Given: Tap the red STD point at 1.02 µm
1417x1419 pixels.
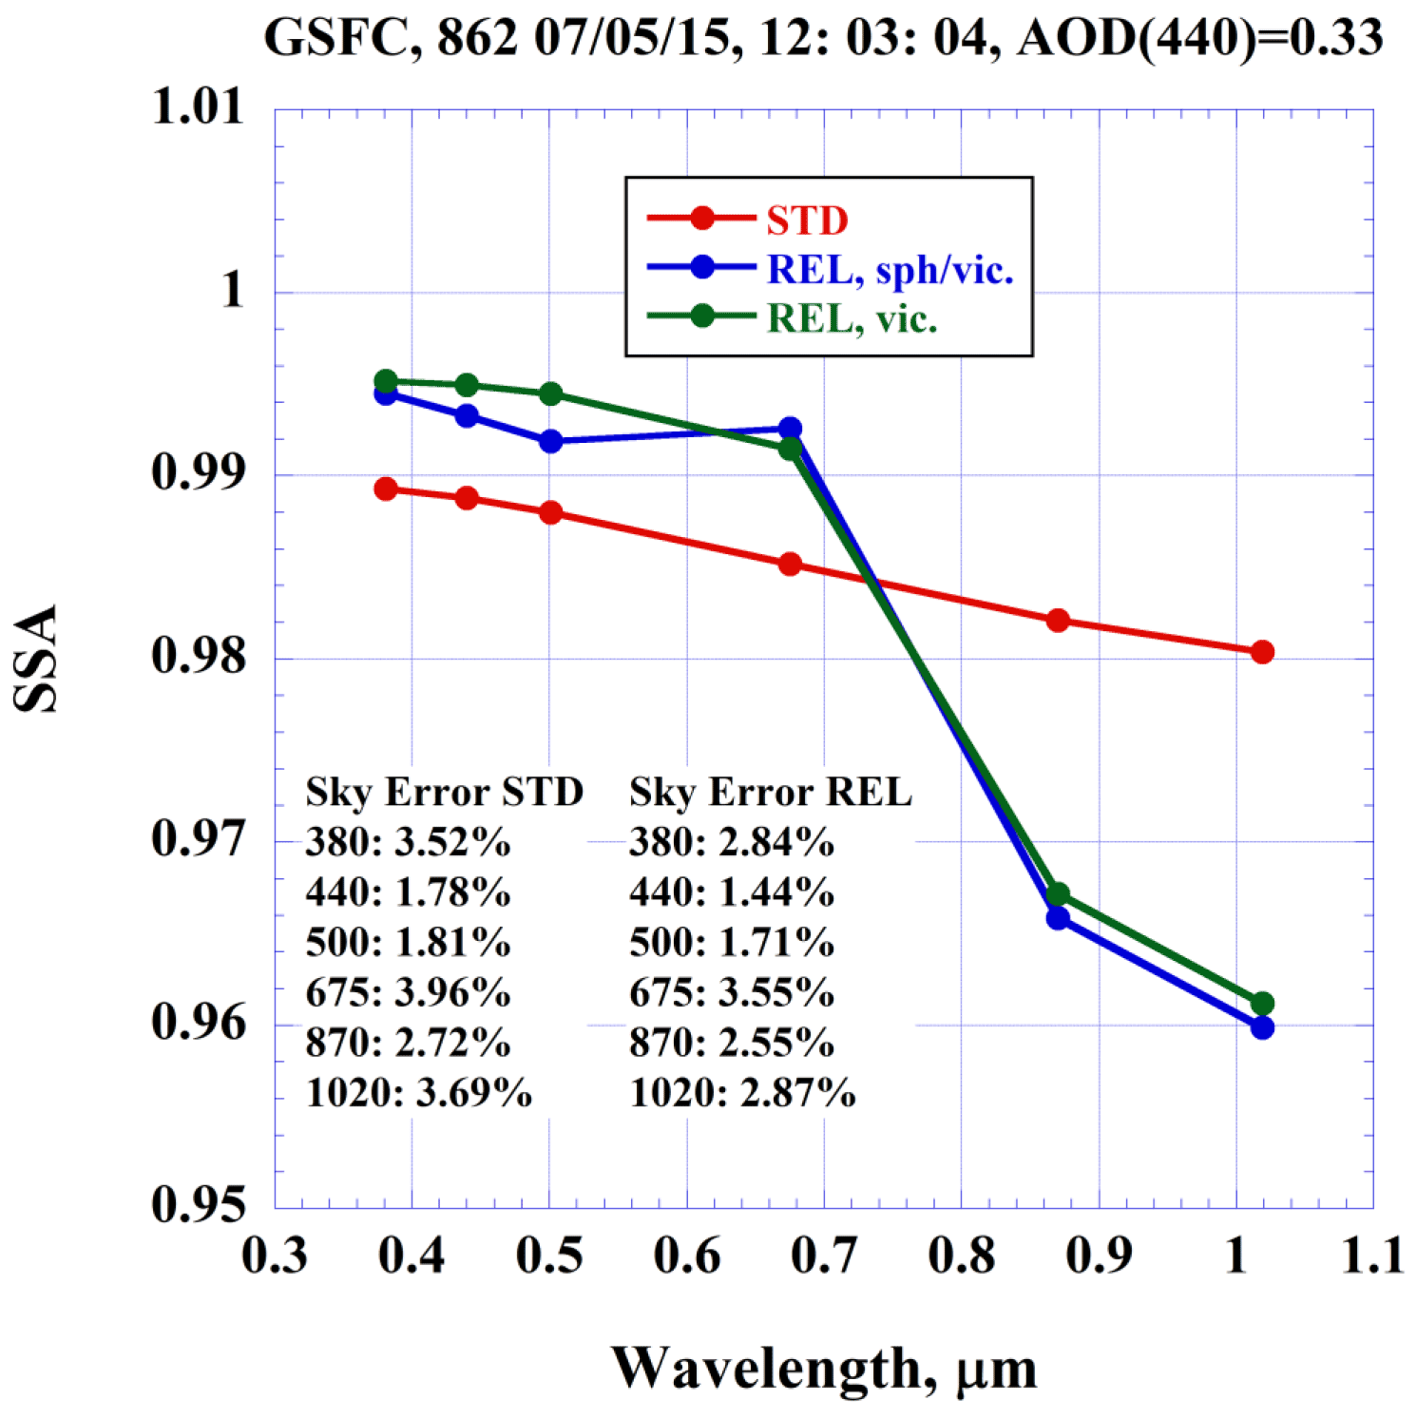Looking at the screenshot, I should [x=1262, y=652].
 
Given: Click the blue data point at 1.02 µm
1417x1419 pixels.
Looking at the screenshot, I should [x=1262, y=1027].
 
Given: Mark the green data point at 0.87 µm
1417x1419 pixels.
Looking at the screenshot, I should [x=1058, y=894].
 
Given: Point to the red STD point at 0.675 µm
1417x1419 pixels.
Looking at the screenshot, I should [x=790, y=565].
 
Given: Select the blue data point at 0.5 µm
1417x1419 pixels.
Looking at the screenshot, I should [x=550, y=441].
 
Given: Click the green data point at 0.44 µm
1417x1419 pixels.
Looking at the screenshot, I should [x=467, y=385].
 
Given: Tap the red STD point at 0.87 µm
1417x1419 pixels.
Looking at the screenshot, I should [x=1058, y=621].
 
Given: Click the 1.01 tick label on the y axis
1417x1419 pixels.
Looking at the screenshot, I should [x=198, y=106].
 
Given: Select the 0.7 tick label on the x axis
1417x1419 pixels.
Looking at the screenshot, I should [x=824, y=1256].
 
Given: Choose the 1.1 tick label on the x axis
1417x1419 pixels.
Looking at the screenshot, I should [x=1372, y=1256].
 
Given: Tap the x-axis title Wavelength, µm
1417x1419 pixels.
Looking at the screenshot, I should [x=823, y=1369].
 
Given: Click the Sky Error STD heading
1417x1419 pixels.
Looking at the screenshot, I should [x=444, y=792].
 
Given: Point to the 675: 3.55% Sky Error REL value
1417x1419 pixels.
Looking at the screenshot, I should [x=732, y=992].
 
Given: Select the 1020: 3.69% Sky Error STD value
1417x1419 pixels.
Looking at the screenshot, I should [x=418, y=1093].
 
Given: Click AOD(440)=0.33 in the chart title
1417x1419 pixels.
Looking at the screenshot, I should [x=1199, y=38].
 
